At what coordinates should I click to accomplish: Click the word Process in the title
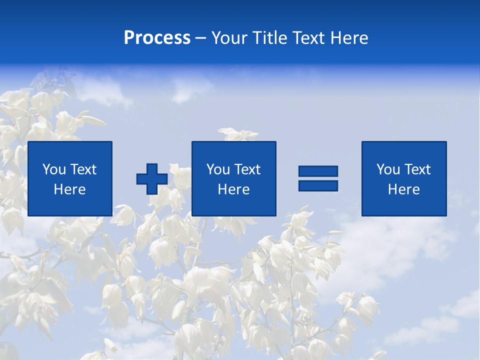point(157,38)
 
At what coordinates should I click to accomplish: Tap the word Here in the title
point(349,38)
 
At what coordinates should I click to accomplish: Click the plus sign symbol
point(152,179)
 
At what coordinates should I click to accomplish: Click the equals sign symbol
point(318,178)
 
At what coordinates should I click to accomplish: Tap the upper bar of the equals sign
point(318,171)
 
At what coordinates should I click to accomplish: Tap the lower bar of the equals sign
point(318,185)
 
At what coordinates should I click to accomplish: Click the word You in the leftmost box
point(54,169)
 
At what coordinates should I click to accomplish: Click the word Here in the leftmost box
point(70,189)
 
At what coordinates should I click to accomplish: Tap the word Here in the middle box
point(233,189)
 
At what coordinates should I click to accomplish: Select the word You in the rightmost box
point(388,169)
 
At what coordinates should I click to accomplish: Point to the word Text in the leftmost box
point(83,169)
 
